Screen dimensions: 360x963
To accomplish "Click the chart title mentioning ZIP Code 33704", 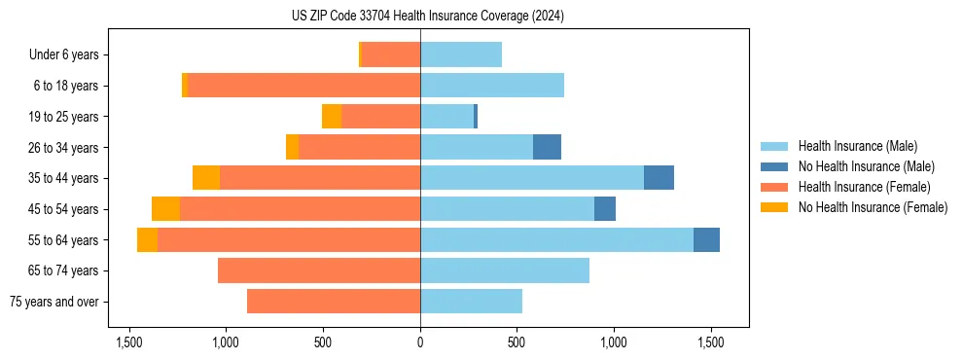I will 428,16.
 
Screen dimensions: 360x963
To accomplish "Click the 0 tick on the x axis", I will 420,342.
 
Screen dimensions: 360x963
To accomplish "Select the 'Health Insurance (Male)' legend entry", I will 857,146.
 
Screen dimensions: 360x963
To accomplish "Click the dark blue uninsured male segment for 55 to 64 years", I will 706,239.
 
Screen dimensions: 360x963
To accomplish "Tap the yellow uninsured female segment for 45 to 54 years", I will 166,209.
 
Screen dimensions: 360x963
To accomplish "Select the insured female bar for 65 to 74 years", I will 319,270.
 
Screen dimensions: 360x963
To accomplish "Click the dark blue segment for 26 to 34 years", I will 547,147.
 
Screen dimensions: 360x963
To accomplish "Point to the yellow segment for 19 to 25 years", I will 332,117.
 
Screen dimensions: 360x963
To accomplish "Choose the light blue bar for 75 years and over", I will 471,302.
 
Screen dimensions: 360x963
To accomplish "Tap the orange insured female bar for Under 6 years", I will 391,54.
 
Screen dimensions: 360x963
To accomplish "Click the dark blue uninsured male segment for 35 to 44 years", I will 659,178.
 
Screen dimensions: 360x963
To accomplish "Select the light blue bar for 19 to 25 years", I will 446,117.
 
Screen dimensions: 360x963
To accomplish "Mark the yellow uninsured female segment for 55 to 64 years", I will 147,239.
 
